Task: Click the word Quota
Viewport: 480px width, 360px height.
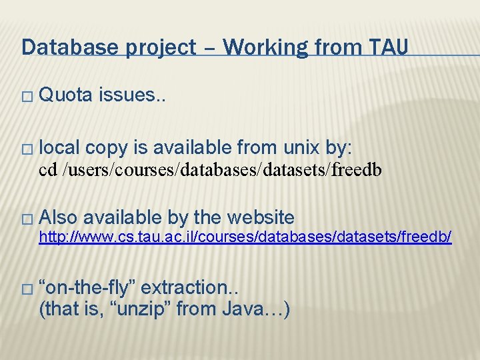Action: coord(66,95)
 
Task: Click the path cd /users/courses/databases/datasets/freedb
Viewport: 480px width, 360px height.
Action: coord(211,170)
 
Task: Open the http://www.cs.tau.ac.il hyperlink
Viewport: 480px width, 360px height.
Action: coord(245,237)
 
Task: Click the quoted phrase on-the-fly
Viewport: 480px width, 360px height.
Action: coord(88,288)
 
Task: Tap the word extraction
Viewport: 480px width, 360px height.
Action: coord(190,288)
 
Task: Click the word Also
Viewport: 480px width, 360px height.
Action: coord(58,217)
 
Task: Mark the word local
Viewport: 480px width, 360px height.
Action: coord(61,147)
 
